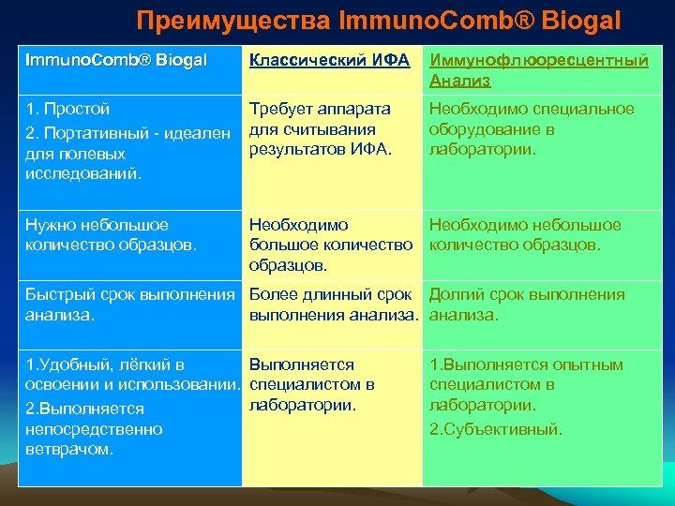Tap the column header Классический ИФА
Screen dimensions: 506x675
pyautogui.click(x=329, y=61)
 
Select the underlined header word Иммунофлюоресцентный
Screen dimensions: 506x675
pyautogui.click(x=538, y=61)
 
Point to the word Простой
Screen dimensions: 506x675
pyautogui.click(x=74, y=110)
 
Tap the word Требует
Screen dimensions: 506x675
pyautogui.click(x=280, y=109)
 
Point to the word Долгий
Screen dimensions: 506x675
pyautogui.click(x=457, y=295)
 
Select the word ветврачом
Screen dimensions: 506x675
pyautogui.click(x=69, y=449)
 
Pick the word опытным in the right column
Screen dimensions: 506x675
pyautogui.click(x=586, y=365)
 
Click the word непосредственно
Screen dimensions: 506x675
pyautogui.click(x=94, y=429)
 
